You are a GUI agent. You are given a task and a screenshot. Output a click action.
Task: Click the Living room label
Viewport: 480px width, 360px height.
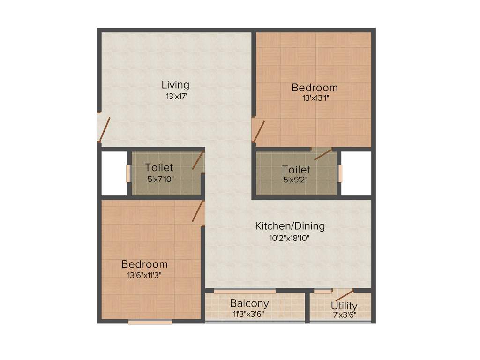tap(175, 85)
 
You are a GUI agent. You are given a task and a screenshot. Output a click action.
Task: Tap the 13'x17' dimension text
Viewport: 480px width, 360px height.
tap(175, 96)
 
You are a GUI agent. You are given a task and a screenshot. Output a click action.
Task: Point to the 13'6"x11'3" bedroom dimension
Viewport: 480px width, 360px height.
tap(144, 276)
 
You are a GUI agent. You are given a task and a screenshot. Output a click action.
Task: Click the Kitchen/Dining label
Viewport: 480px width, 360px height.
tap(290, 226)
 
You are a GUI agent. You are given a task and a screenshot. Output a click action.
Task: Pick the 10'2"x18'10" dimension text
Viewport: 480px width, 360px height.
tap(289, 238)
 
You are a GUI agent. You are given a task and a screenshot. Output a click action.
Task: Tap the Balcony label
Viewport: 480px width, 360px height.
tap(249, 303)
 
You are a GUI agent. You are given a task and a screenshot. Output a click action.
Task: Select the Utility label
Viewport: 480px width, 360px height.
tap(344, 306)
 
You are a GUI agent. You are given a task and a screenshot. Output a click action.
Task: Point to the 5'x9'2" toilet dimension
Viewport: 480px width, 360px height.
tap(296, 179)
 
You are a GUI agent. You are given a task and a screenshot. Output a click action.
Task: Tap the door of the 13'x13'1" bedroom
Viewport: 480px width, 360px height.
tap(258, 131)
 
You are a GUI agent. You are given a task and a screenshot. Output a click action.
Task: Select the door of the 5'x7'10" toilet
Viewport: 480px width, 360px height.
tap(198, 161)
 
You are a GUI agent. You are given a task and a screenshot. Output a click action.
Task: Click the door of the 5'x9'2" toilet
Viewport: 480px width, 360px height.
tap(323, 154)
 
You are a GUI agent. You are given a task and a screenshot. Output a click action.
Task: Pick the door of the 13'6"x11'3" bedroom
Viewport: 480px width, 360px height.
tap(198, 211)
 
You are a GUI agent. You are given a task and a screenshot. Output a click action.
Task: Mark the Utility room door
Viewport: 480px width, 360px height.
tap(343, 295)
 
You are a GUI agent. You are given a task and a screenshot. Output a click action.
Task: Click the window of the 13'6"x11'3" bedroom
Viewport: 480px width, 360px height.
tap(150, 322)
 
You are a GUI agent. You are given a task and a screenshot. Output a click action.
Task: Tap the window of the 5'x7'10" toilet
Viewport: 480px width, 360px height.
tap(128, 173)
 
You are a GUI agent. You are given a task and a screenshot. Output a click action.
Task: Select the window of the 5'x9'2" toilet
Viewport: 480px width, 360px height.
tap(340, 173)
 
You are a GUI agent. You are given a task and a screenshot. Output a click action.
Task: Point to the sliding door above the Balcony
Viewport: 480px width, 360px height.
tap(245, 291)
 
